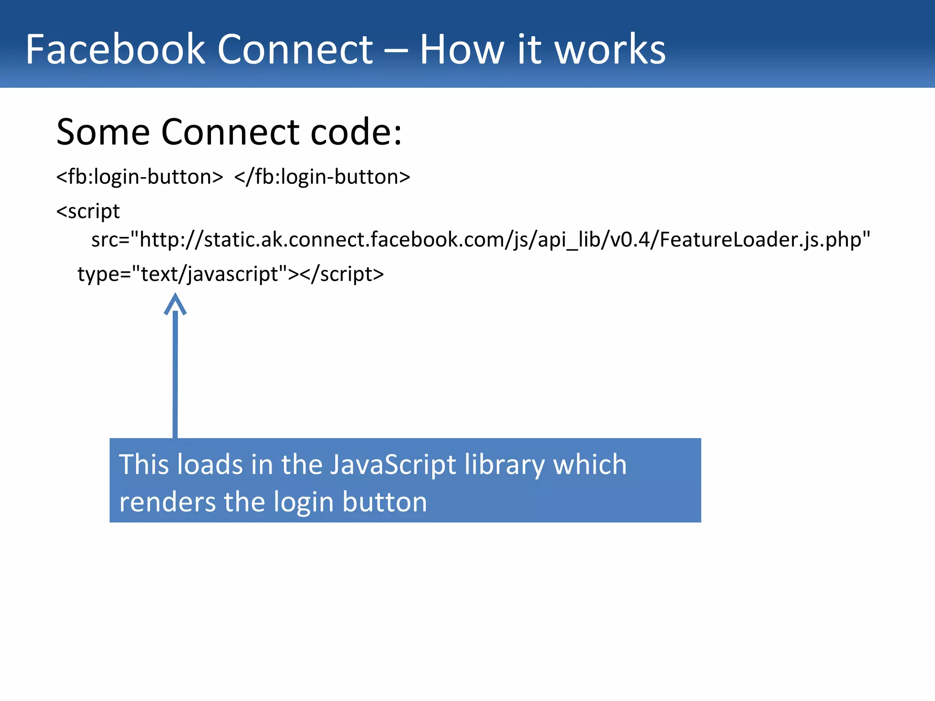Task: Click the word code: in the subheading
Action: coord(356,132)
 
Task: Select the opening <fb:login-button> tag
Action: coord(140,177)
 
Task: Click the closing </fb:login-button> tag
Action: coord(322,177)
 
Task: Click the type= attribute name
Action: coord(104,274)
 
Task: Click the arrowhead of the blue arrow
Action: coord(175,303)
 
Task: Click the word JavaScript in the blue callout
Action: coord(393,465)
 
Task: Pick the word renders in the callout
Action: coord(167,502)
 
